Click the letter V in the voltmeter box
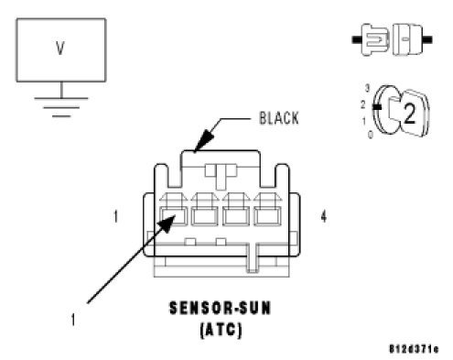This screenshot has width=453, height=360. pyautogui.click(x=60, y=49)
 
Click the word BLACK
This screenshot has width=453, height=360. pyautogui.click(x=279, y=118)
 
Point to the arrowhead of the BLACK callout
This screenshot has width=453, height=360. pyautogui.click(x=204, y=140)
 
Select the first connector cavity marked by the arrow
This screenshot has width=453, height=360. pyautogui.click(x=173, y=216)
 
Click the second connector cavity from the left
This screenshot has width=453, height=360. pyautogui.click(x=204, y=216)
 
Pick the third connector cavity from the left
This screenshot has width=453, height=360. pyautogui.click(x=236, y=216)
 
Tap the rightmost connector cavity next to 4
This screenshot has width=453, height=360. pyautogui.click(x=267, y=216)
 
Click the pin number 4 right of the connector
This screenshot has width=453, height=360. pyautogui.click(x=324, y=216)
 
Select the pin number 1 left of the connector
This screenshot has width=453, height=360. pyautogui.click(x=115, y=216)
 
